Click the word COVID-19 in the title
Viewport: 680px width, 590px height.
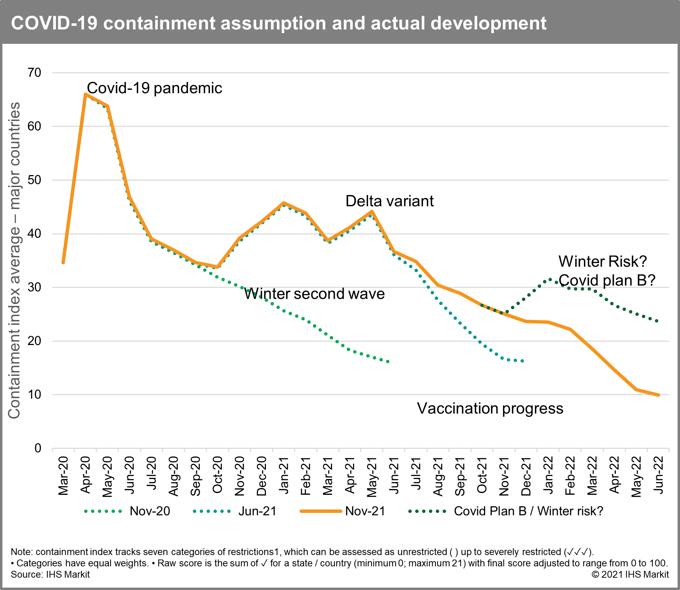54,23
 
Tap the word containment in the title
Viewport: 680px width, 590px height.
159,23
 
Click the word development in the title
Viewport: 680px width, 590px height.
488,23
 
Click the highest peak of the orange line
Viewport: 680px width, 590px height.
86,94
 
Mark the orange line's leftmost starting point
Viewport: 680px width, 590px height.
63,263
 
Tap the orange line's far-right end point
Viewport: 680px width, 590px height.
658,395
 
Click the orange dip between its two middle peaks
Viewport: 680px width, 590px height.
328,241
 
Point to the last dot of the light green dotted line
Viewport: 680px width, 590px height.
387,361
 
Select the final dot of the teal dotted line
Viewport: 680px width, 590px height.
522,361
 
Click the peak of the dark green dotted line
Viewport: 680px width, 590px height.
551,279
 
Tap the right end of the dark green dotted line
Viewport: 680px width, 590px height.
657,321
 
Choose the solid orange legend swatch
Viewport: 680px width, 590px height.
321,511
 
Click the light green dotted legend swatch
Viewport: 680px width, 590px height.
103,511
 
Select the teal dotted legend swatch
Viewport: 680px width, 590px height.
212,511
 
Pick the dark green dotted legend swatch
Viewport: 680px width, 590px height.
427,511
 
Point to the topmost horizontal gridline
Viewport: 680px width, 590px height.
360,73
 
